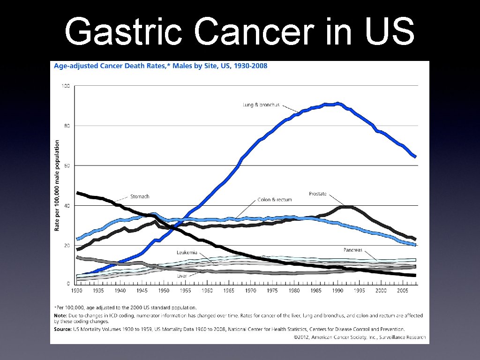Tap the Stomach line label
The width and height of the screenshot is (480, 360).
point(140,196)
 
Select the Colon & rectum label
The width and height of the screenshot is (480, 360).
point(275,199)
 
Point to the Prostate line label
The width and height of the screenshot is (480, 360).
point(317,194)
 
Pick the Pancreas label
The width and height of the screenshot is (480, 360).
point(352,250)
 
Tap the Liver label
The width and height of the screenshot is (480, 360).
point(182,276)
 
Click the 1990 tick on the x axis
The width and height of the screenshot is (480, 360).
point(337,291)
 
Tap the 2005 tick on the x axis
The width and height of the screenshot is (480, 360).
point(403,291)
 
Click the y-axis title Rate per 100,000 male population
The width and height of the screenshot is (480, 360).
point(57,185)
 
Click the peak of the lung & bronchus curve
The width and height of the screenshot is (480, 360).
point(337,104)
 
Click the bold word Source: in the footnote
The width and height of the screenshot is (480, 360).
point(63,329)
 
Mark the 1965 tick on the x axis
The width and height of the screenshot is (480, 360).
point(229,291)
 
